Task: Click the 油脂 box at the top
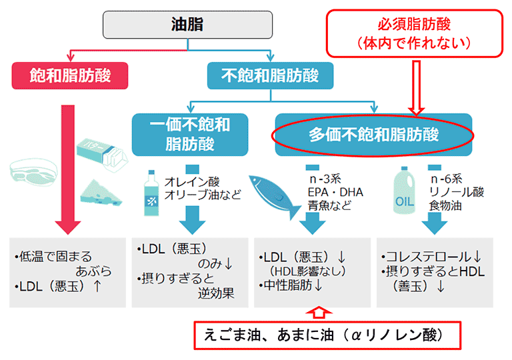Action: [x=187, y=25]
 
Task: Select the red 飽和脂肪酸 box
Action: [x=70, y=75]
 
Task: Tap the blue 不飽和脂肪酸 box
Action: [x=271, y=75]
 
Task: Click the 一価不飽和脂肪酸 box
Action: [x=190, y=135]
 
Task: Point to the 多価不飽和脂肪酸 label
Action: [x=373, y=135]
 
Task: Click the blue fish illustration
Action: [x=274, y=196]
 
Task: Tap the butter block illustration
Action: [x=102, y=155]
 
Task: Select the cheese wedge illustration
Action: [x=101, y=193]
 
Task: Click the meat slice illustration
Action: [x=34, y=172]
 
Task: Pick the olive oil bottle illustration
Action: [x=151, y=193]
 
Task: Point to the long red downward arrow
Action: [x=68, y=169]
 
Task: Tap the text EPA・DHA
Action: [x=335, y=192]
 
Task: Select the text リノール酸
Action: [x=457, y=192]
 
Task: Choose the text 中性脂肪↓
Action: [x=291, y=285]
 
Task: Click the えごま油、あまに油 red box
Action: [x=327, y=335]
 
